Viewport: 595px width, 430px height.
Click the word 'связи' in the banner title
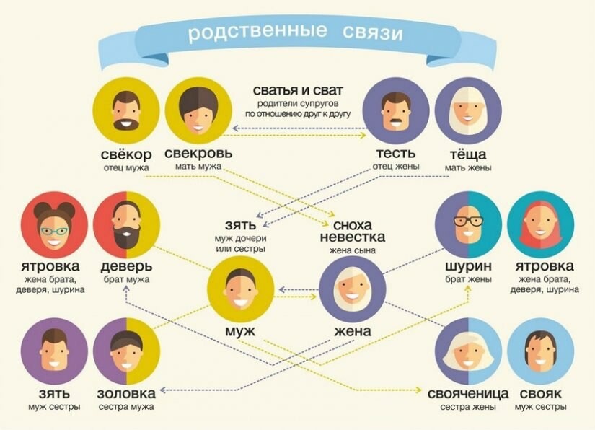[372, 32]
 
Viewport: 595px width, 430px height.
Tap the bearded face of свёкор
[126, 111]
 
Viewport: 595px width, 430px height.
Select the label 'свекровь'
[198, 153]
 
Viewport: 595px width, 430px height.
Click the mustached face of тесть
[396, 112]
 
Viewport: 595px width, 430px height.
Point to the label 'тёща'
[468, 154]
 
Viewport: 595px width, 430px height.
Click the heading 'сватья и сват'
[298, 90]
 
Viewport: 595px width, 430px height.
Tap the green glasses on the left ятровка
[54, 230]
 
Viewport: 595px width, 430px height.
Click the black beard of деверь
[126, 234]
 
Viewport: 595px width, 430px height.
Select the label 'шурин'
[468, 266]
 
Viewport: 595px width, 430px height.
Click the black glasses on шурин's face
[469, 221]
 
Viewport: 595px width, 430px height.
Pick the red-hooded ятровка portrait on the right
[540, 224]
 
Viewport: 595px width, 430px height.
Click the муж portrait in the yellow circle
[241, 289]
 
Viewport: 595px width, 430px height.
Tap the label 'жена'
[353, 331]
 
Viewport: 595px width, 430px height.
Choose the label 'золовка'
[126, 394]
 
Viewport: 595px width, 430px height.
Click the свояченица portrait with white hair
[468, 351]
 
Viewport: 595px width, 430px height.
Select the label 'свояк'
[540, 394]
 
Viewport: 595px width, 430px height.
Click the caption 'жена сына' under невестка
[353, 250]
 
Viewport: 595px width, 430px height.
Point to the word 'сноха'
[353, 225]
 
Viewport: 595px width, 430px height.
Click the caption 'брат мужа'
[126, 280]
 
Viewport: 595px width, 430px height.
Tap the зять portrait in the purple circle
[54, 351]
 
